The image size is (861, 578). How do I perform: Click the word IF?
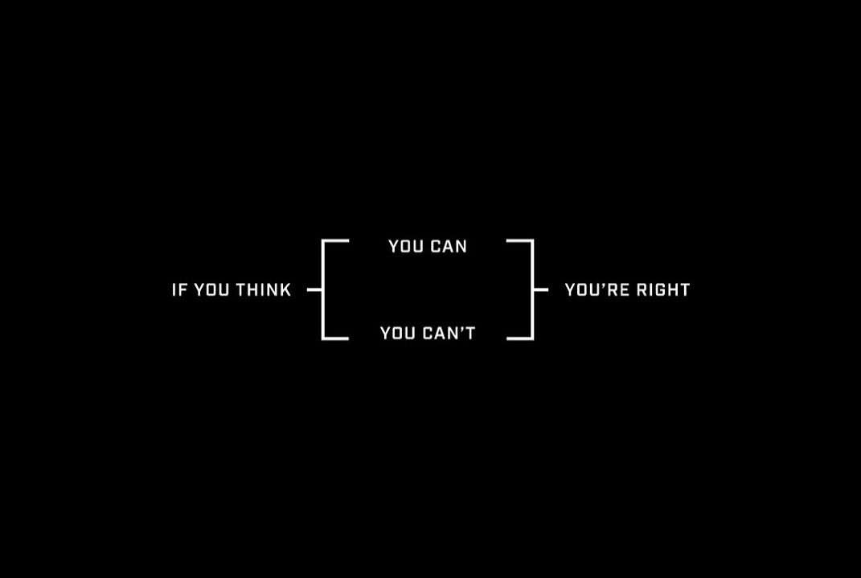point(178,290)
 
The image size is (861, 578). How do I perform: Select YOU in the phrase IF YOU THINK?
point(211,290)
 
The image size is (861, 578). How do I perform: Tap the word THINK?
point(264,290)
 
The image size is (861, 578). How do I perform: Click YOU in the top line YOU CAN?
point(406,247)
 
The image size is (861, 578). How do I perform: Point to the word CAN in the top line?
point(449,247)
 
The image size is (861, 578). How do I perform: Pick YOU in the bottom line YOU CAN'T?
point(398,333)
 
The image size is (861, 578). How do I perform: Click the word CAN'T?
point(449,333)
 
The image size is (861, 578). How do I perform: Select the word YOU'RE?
point(597,290)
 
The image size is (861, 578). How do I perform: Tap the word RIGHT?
point(663,290)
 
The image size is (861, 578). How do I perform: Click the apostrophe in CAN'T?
point(461,330)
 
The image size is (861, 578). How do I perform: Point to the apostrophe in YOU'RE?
point(604,286)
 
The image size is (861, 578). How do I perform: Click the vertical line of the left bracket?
point(323,290)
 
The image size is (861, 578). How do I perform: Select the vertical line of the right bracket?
point(532,290)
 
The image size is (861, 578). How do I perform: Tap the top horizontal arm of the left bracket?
point(335,240)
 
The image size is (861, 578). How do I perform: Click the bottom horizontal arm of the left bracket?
point(335,338)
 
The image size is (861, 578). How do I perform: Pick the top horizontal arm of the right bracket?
point(520,240)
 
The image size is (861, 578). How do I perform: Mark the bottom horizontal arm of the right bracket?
point(520,338)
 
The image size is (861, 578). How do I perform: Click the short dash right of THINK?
point(314,290)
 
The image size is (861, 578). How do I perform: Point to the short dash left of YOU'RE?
point(541,290)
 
